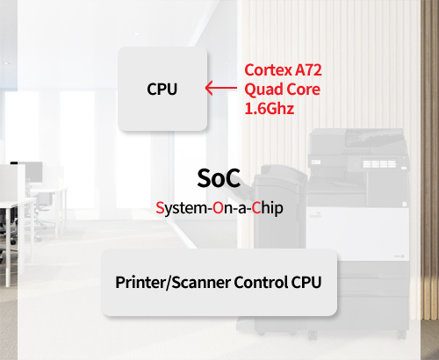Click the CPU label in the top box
(162, 89)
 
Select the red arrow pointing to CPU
(221, 88)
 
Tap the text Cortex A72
(283, 70)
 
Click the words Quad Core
(282, 90)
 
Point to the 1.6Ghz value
(270, 109)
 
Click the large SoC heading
(219, 178)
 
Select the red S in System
(160, 208)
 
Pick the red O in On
(218, 208)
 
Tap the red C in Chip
(256, 208)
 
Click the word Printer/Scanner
(173, 282)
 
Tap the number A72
(308, 70)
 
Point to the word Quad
(264, 90)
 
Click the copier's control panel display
(379, 163)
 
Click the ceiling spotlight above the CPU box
(136, 34)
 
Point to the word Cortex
(268, 70)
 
